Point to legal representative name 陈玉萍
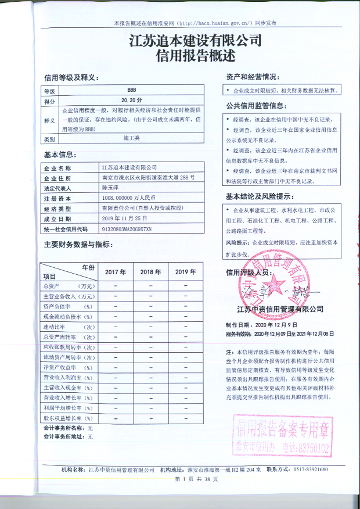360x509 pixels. click(x=110, y=188)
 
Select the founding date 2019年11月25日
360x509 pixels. click(x=125, y=218)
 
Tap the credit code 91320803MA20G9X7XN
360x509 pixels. click(x=126, y=229)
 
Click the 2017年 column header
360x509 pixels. click(x=116, y=272)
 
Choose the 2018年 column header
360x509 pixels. click(x=150, y=272)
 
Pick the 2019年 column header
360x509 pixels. click(x=185, y=272)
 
